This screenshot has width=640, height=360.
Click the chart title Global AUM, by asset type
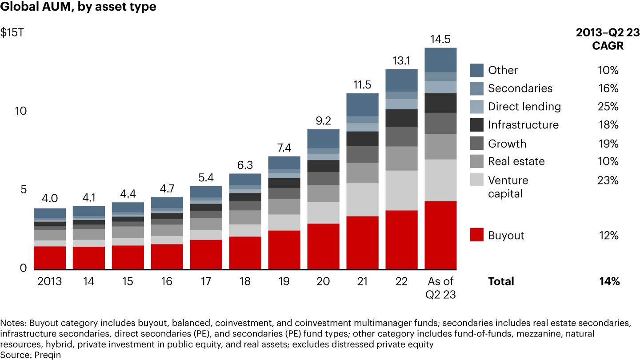point(78,8)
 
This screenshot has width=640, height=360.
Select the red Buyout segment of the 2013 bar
point(50,258)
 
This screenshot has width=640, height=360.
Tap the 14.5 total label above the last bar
point(441,39)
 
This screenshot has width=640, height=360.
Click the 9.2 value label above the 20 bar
point(324,120)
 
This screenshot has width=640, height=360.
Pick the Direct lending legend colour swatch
point(476,107)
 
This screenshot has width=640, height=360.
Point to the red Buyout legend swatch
point(476,235)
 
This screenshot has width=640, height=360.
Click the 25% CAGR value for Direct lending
point(608,107)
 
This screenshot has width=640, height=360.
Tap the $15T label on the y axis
point(12,33)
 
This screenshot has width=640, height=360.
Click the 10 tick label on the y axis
point(20,111)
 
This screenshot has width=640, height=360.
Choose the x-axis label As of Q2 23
point(441,288)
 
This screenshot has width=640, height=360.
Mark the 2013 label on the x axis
point(49,282)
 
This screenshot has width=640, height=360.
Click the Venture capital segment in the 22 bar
point(402,190)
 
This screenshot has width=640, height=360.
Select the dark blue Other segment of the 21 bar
point(363,104)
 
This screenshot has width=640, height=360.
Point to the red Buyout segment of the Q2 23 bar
point(441,235)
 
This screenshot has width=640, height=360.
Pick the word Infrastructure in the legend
point(523,125)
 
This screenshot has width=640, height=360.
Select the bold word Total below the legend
point(501,281)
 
